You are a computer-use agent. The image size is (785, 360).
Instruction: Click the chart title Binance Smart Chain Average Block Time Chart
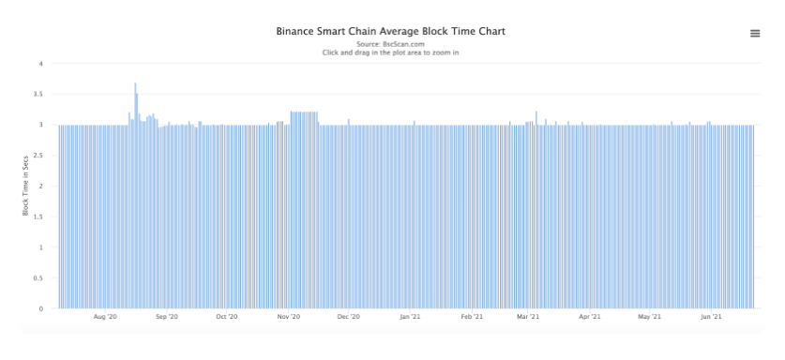coord(390,31)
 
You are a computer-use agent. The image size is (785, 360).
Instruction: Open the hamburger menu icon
coord(755,34)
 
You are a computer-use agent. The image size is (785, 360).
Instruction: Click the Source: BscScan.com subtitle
coord(390,44)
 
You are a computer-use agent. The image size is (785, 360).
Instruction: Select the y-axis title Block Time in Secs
coord(25,186)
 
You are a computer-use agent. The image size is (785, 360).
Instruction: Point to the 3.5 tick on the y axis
coord(38,94)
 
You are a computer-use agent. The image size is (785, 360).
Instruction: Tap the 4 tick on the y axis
coord(41,64)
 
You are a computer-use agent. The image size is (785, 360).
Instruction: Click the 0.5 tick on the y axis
coord(38,277)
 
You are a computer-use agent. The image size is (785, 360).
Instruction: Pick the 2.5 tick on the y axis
coord(38,156)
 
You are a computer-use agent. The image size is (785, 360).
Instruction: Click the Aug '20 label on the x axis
coord(105,317)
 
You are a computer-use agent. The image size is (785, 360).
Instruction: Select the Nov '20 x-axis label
coord(289,317)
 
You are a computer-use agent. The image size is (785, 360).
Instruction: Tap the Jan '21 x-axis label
coord(410,317)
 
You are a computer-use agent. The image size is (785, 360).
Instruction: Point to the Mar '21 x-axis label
coord(528,317)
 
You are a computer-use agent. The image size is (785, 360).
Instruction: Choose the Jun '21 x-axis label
coord(710,317)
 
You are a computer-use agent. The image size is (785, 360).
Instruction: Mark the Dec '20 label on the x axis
coord(349,317)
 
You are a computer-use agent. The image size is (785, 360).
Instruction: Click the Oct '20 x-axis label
coord(227,317)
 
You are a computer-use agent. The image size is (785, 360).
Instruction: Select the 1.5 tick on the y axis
coord(38,217)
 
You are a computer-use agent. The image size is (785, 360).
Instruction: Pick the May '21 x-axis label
coord(650,317)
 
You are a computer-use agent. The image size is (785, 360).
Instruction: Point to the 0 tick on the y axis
coord(41,309)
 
